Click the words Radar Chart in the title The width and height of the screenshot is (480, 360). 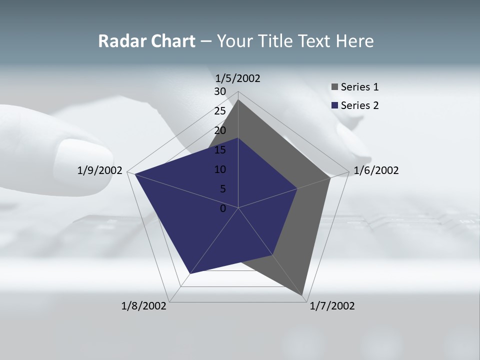[146, 41]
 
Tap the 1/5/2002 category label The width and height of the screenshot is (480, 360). [237, 78]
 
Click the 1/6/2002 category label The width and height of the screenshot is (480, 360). [376, 170]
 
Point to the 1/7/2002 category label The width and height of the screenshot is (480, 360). [332, 306]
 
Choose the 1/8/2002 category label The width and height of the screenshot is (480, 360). [144, 306]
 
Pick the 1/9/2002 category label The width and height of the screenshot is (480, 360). [99, 170]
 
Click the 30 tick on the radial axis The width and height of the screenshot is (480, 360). [220, 91]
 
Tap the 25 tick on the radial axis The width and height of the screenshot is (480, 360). [220, 111]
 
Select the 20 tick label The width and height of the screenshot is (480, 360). [220, 130]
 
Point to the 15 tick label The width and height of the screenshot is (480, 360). [220, 150]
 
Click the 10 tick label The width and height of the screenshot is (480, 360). [220, 169]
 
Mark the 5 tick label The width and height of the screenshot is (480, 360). [222, 189]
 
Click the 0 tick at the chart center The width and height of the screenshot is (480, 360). [223, 208]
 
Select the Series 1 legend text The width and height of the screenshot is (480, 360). [359, 87]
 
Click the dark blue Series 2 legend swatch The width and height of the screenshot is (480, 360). [335, 105]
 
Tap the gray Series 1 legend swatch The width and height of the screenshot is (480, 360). [335, 87]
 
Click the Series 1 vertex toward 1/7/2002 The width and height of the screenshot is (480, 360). [302, 295]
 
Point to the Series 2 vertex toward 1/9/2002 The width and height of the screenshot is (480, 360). [135, 174]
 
